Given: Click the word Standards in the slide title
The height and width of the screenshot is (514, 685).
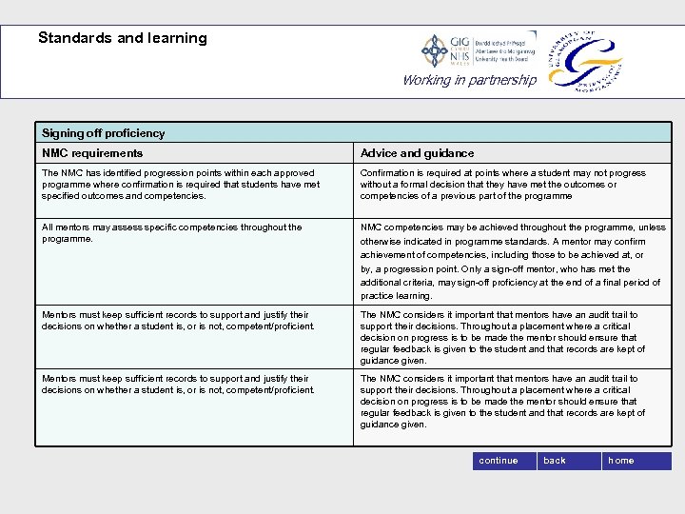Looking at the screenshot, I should [75, 38].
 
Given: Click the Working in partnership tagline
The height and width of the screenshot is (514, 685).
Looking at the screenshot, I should [469, 80].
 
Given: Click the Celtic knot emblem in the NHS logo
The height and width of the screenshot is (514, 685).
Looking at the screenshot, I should [436, 50].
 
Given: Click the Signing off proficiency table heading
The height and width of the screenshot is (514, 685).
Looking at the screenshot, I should [103, 133].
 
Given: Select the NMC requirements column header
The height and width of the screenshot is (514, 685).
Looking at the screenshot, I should [92, 153].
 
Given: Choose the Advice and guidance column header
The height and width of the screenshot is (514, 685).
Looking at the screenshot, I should [417, 153].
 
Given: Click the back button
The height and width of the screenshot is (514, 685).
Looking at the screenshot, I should [555, 461].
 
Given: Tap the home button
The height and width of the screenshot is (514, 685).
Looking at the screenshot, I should [621, 461].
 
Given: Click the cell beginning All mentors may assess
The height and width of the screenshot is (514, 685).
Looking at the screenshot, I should [194, 262].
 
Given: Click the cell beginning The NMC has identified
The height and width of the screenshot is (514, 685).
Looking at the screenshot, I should [194, 189].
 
